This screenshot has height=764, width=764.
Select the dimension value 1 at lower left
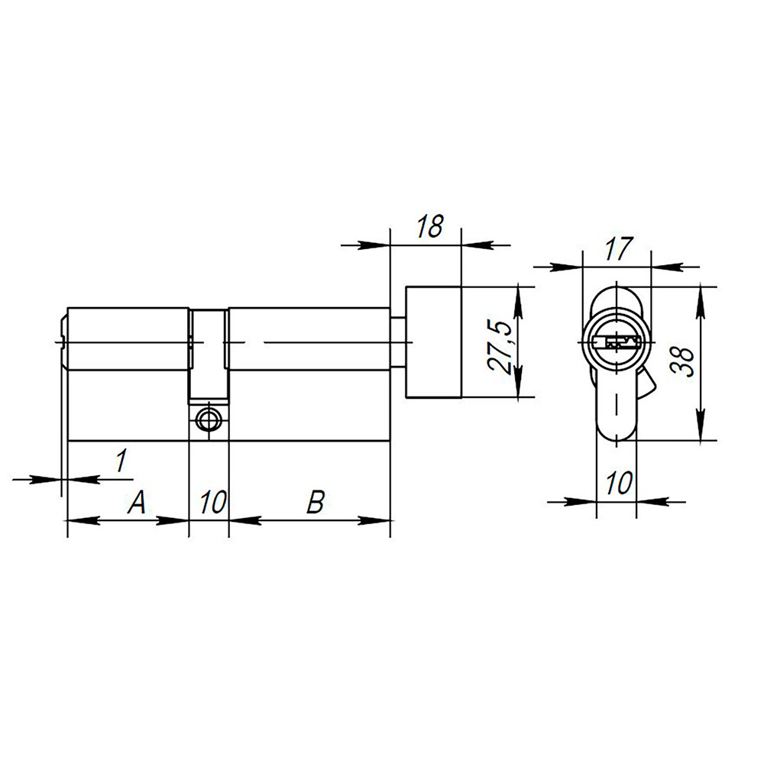tap(121, 461)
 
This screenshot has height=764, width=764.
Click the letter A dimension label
tap(135, 502)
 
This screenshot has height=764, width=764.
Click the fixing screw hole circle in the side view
tap(208, 419)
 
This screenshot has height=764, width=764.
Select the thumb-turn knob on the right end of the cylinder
tap(434, 342)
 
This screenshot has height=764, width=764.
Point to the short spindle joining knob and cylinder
tap(398, 342)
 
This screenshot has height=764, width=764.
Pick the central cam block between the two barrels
tap(209, 355)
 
